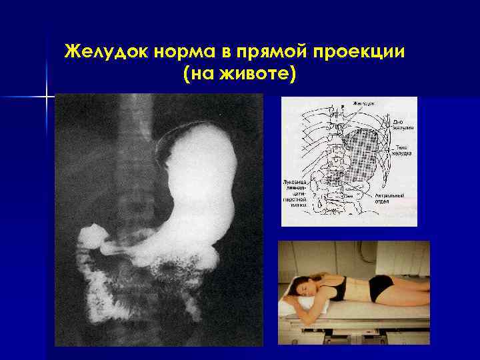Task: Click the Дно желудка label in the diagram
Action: pyautogui.click(x=401, y=123)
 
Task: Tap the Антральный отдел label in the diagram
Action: pyautogui.click(x=399, y=199)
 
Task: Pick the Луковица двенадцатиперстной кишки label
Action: pyautogui.click(x=293, y=193)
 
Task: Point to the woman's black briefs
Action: pyautogui.click(x=383, y=287)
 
